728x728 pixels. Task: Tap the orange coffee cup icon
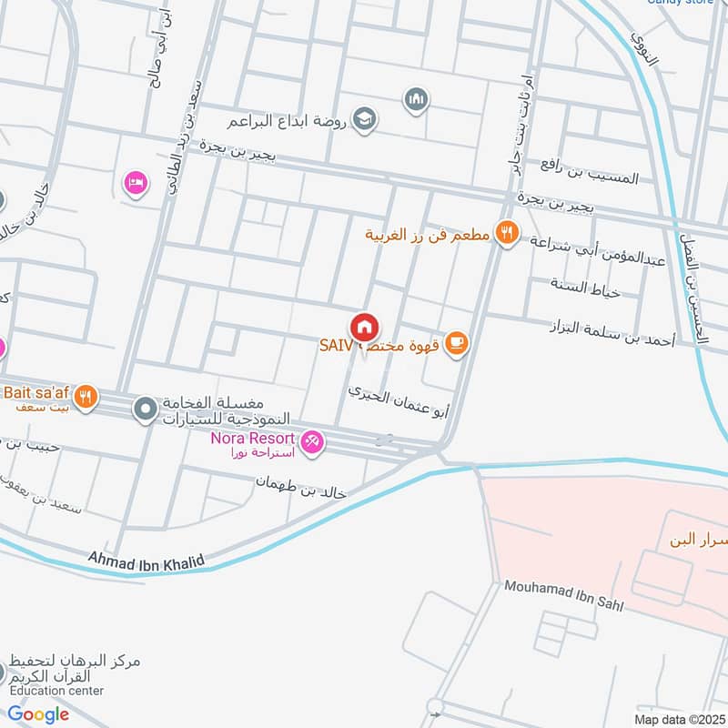(x=458, y=343)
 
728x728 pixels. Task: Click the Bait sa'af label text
(x=36, y=392)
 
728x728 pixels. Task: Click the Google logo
(x=38, y=714)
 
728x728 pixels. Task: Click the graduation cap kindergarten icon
(x=365, y=119)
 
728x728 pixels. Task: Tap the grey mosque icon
(x=417, y=97)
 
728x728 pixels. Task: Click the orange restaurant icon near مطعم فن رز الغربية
(x=506, y=235)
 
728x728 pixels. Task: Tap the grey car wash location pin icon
(x=145, y=410)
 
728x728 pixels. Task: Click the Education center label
(x=56, y=691)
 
